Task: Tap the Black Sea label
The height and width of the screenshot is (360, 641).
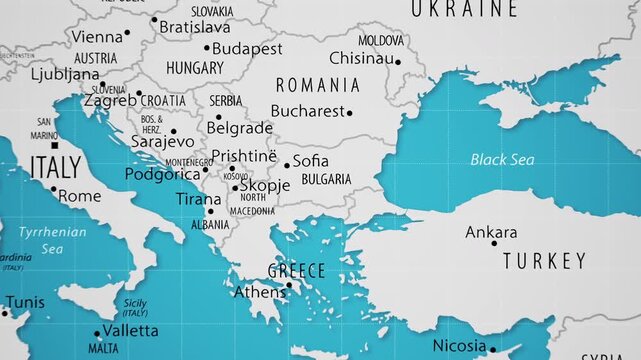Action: [502, 160]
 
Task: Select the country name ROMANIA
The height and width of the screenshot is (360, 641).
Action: [317, 85]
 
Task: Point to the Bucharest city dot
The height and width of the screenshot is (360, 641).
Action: [349, 113]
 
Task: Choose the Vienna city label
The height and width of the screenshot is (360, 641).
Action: [97, 36]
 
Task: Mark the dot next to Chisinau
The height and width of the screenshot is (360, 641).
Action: [397, 62]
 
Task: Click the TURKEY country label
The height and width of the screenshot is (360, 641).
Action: [544, 261]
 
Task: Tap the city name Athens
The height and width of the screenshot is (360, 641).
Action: [259, 293]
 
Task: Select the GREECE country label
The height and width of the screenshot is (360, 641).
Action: [296, 271]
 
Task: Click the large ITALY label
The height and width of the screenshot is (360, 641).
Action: [55, 167]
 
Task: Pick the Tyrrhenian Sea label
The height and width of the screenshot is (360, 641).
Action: [52, 239]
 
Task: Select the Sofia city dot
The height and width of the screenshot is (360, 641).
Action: [287, 165]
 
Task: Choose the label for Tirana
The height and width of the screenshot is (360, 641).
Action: [198, 199]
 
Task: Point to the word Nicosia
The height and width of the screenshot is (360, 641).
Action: [459, 346]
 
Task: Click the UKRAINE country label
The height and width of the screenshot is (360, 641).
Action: [464, 9]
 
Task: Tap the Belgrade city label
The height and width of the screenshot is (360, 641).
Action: [239, 128]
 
